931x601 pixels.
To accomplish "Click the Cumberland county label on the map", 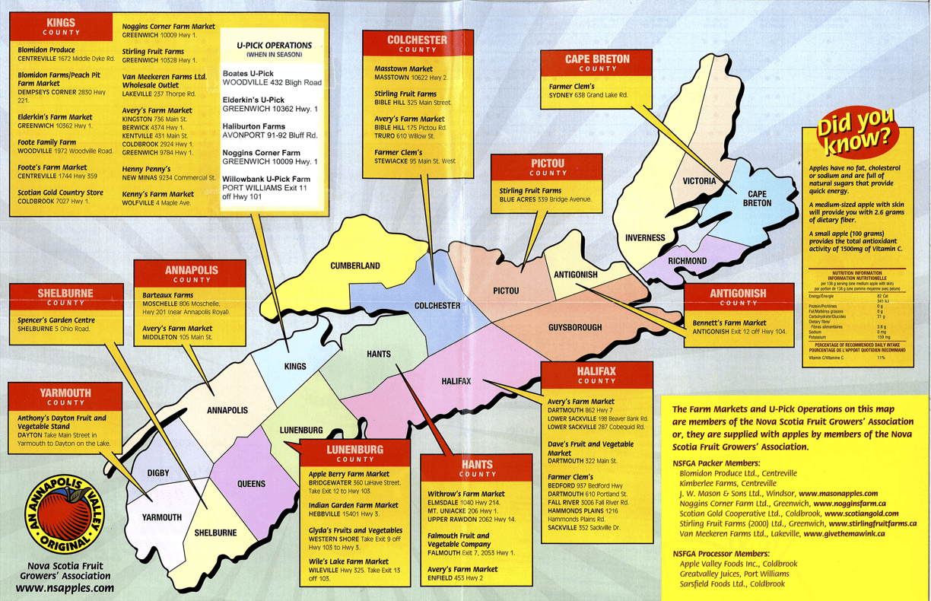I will click(x=355, y=266).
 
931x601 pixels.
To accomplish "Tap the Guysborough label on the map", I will click(x=574, y=328).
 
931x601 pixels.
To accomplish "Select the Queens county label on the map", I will click(x=251, y=484).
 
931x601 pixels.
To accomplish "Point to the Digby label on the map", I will click(x=158, y=473).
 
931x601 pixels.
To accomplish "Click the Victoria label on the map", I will click(x=699, y=181).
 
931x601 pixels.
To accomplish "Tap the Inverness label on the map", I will click(x=645, y=237).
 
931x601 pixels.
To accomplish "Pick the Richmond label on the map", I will click(x=687, y=261).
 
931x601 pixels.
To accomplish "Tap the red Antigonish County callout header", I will click(x=738, y=297).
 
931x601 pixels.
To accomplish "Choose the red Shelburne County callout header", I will click(x=65, y=297).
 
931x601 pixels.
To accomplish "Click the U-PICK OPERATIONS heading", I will click(x=269, y=46).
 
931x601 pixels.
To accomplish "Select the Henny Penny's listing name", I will click(x=148, y=168).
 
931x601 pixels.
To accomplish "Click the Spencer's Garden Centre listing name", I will click(x=56, y=320).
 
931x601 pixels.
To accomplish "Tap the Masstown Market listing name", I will click(x=403, y=69).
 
